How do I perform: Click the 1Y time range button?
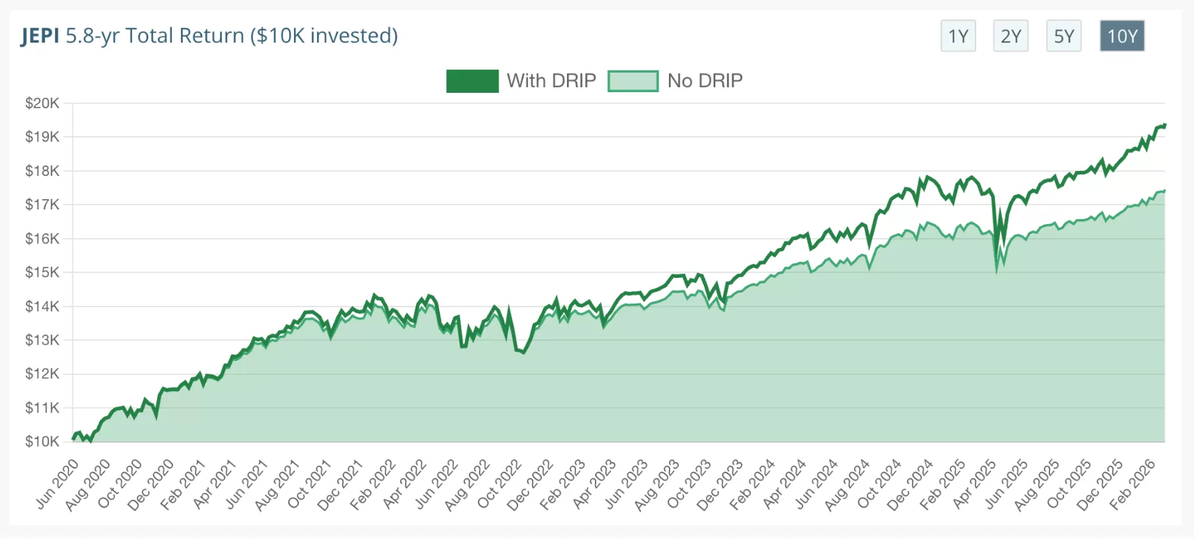(958, 36)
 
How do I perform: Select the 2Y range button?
(1010, 36)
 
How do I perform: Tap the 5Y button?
(1063, 36)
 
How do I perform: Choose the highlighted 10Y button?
(1122, 36)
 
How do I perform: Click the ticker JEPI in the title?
(40, 36)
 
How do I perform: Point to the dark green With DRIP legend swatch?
(472, 81)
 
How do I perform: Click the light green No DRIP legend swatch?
(633, 81)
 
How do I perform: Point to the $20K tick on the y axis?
(42, 103)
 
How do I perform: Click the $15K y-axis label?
(42, 272)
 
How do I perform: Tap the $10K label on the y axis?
(42, 441)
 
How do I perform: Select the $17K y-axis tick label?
(42, 205)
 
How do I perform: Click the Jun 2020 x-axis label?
(58, 483)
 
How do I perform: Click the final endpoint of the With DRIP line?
(1165, 125)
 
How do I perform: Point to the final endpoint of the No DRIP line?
(1165, 191)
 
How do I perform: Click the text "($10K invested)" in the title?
(324, 36)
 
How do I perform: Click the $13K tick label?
(42, 340)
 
